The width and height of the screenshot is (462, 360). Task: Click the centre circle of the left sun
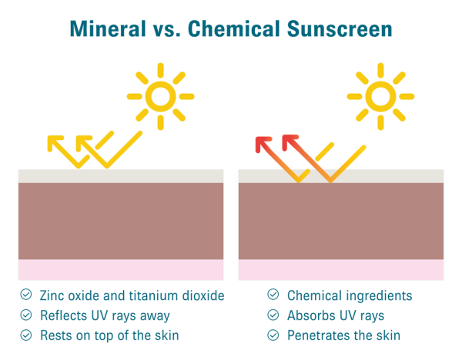point(160,96)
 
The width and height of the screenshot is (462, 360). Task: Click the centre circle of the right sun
point(380,96)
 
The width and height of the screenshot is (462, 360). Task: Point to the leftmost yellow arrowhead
point(55,142)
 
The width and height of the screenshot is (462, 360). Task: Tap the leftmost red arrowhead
point(263,144)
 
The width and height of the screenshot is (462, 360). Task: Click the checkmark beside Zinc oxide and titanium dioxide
point(26,295)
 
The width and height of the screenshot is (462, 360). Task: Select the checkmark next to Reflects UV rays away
point(26,315)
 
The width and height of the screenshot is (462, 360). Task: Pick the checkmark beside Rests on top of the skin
point(26,335)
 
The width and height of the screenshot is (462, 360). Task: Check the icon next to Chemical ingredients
point(273,295)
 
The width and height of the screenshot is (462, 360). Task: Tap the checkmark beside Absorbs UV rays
point(273,315)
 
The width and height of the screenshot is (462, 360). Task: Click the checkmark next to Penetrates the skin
point(273,335)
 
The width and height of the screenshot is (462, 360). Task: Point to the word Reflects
point(65,315)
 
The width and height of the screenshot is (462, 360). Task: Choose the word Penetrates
point(320,335)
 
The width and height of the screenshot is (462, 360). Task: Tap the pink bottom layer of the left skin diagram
point(121,269)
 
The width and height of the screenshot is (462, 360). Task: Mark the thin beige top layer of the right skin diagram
point(341,175)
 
